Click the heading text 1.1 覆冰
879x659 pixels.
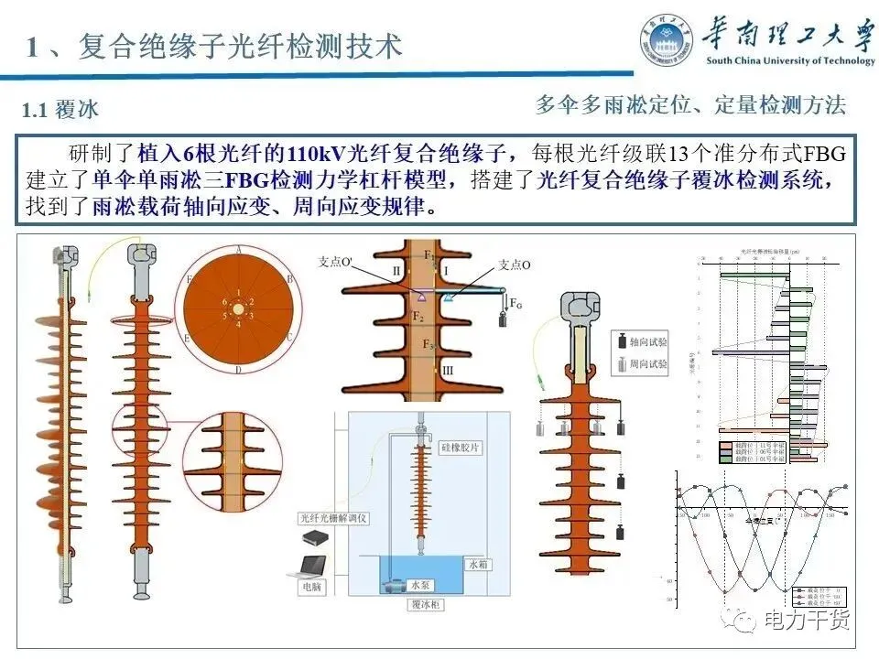click(60, 110)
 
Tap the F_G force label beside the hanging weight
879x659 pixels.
click(516, 302)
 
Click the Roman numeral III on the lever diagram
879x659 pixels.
click(447, 371)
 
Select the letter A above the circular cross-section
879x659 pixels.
click(238, 249)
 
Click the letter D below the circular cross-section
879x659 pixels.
click(238, 370)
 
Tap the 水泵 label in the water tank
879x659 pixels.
click(419, 583)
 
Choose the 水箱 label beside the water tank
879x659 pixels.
click(478, 565)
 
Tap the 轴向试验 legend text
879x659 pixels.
click(649, 340)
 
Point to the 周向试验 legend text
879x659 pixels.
click(649, 364)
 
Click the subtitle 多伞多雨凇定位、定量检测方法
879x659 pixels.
click(690, 104)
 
